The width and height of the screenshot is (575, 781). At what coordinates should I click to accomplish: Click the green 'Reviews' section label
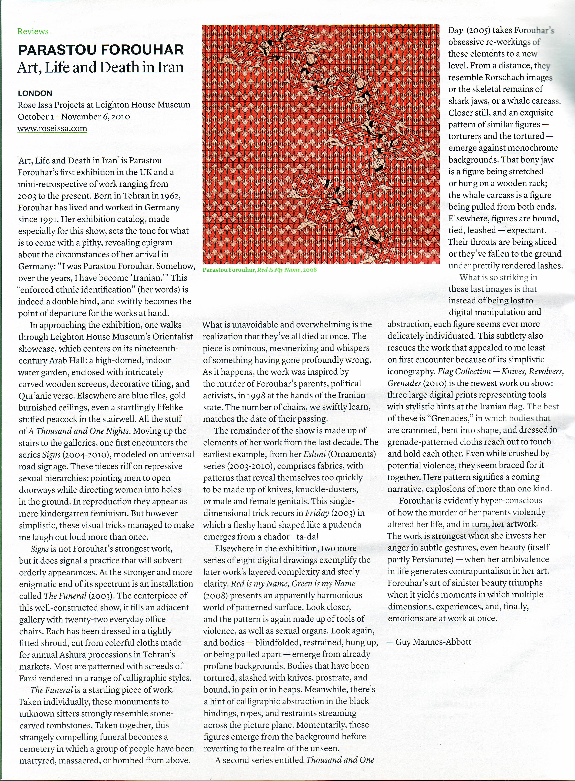33,32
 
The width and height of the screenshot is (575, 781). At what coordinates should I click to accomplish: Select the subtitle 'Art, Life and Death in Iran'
100,67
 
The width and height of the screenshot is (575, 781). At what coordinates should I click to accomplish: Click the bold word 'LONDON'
35,93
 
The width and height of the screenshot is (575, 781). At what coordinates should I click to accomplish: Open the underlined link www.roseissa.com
52,128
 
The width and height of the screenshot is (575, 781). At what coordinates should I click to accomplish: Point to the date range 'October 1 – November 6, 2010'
74,117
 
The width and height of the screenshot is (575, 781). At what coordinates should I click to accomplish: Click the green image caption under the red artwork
259,270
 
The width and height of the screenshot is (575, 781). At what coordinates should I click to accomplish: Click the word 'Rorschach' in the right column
502,77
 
